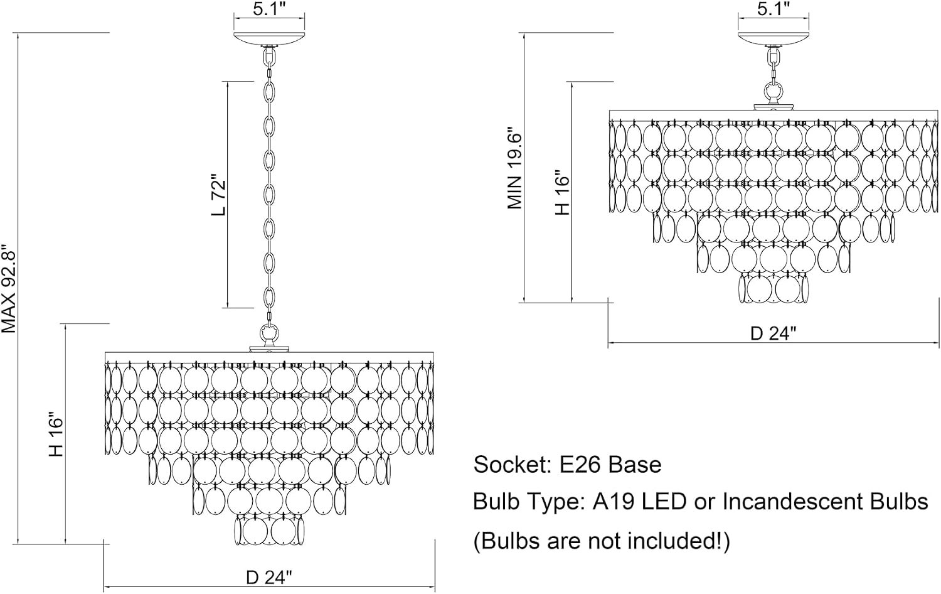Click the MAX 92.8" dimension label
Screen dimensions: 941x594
8,289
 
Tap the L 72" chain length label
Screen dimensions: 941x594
219,198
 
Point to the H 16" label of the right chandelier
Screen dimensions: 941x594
562,193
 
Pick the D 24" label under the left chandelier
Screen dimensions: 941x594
269,578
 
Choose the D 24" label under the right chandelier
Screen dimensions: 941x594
774,334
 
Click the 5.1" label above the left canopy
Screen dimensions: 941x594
269,9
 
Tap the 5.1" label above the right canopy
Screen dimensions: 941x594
774,9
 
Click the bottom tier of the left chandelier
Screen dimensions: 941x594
269,531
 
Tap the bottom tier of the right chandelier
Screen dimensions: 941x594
774,288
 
